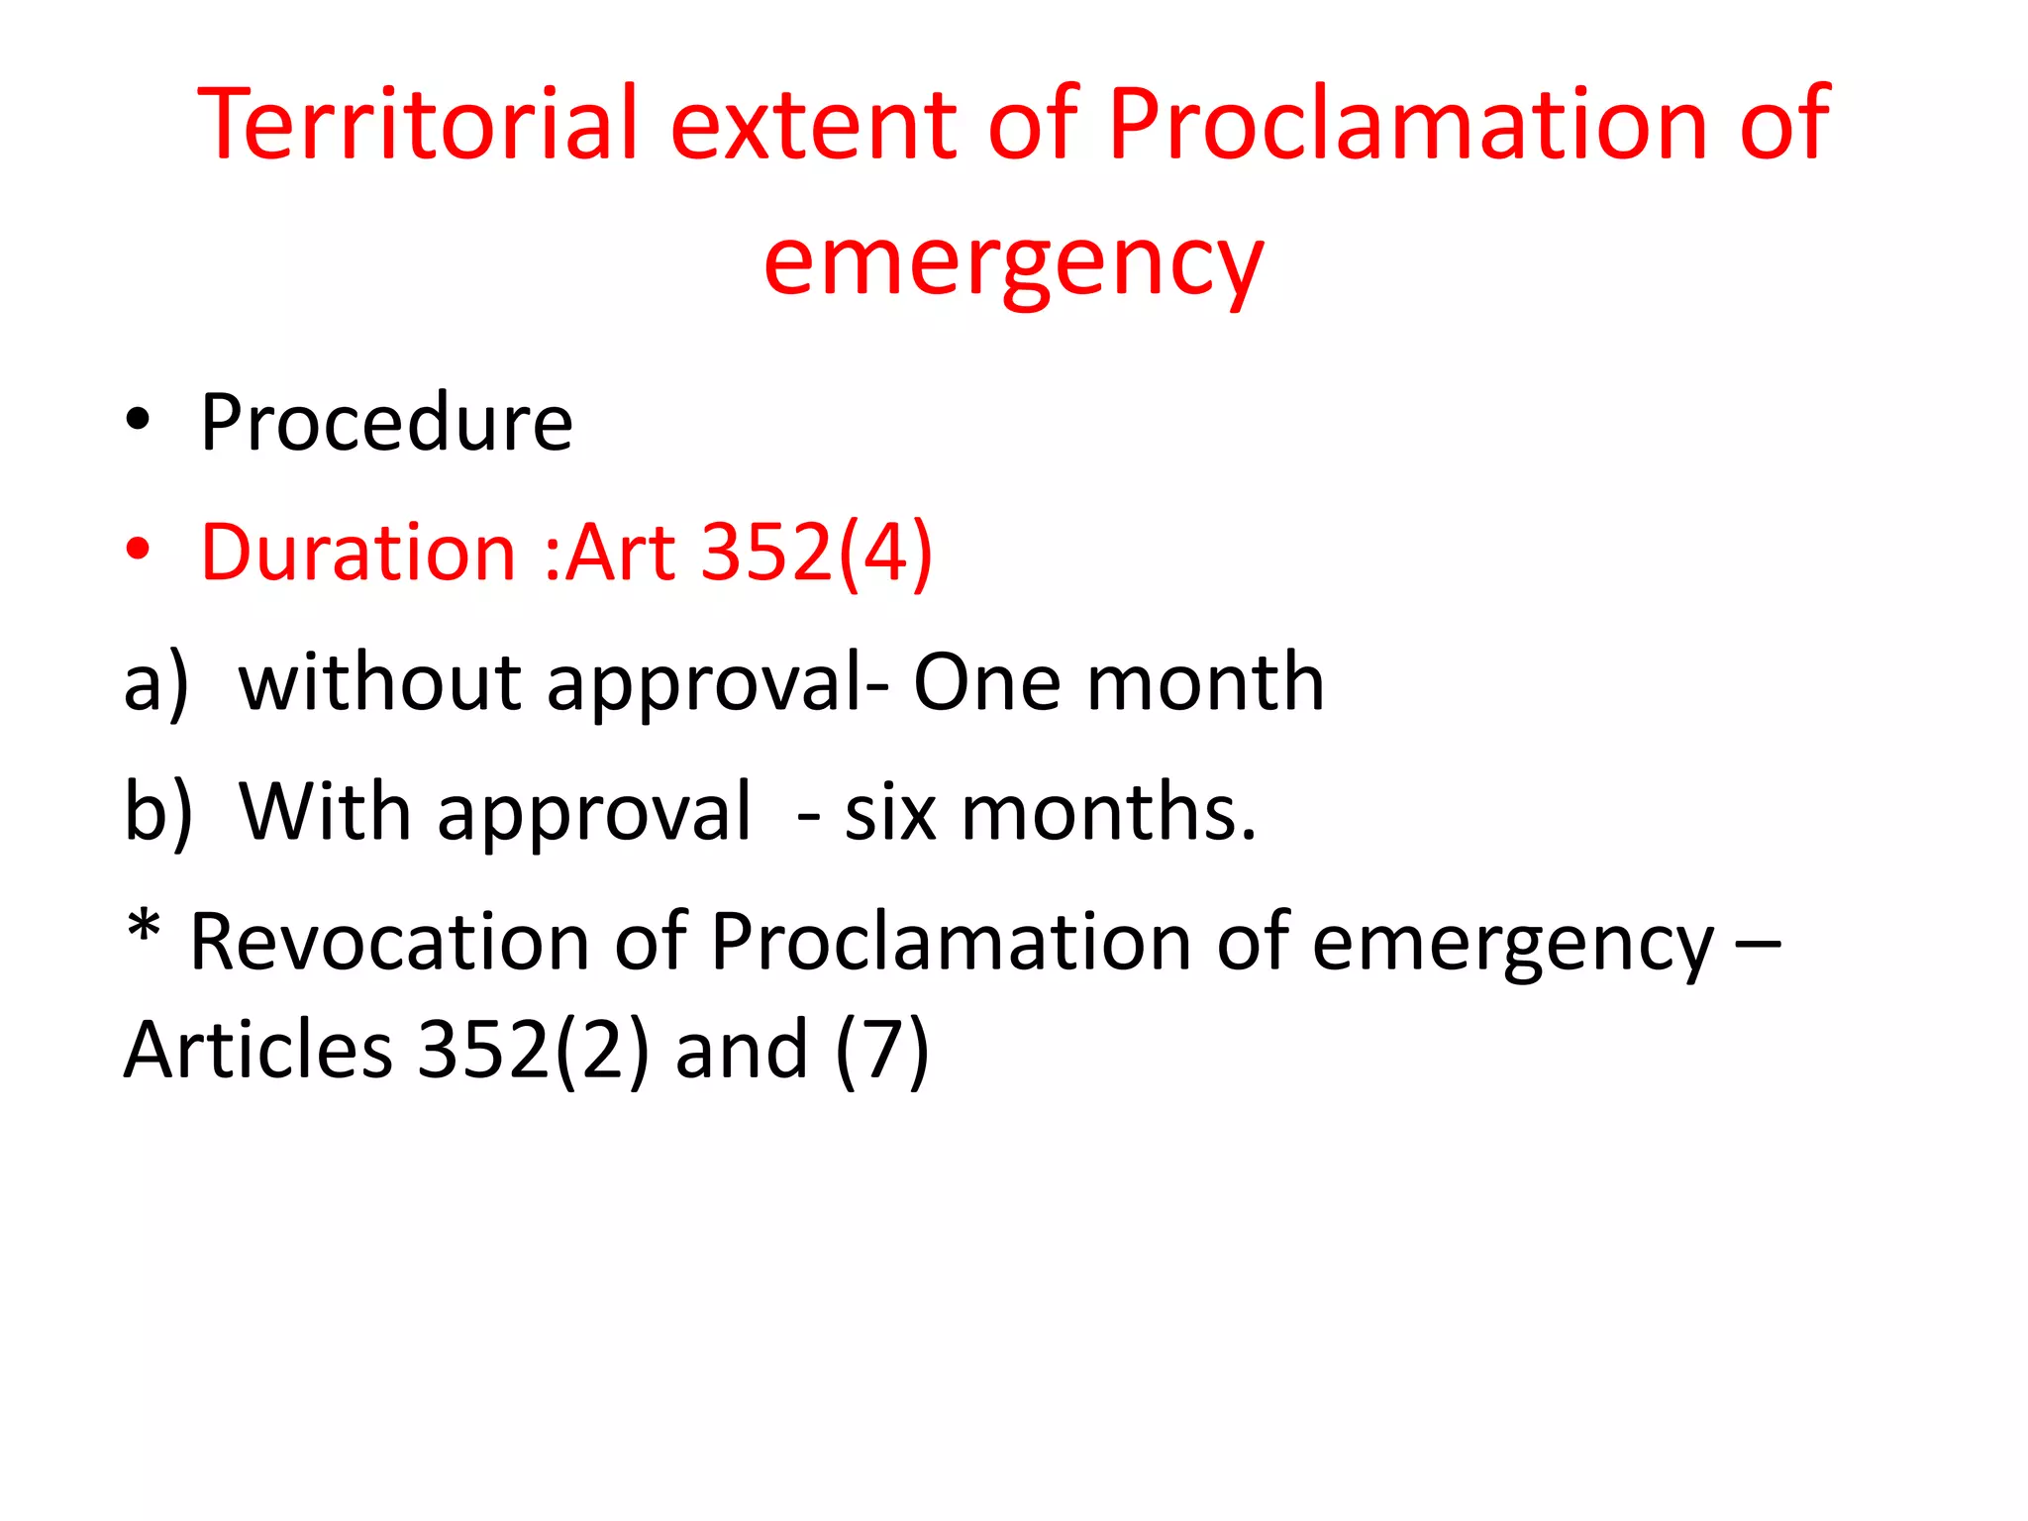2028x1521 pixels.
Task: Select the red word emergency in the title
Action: (x=1013, y=263)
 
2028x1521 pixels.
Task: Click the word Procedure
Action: (x=386, y=423)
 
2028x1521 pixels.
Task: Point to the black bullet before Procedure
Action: (x=138, y=419)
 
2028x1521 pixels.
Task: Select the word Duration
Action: (x=357, y=552)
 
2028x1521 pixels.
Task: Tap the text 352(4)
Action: (x=817, y=553)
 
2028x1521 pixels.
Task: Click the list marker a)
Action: (x=156, y=683)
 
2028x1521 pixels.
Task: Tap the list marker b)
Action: (x=158, y=812)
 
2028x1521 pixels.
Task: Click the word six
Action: (x=890, y=812)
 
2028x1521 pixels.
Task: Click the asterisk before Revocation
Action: (x=144, y=929)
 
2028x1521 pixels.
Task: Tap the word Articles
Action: (x=258, y=1050)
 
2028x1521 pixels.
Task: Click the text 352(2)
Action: (x=534, y=1050)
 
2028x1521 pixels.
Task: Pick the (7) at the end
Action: (x=882, y=1050)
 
